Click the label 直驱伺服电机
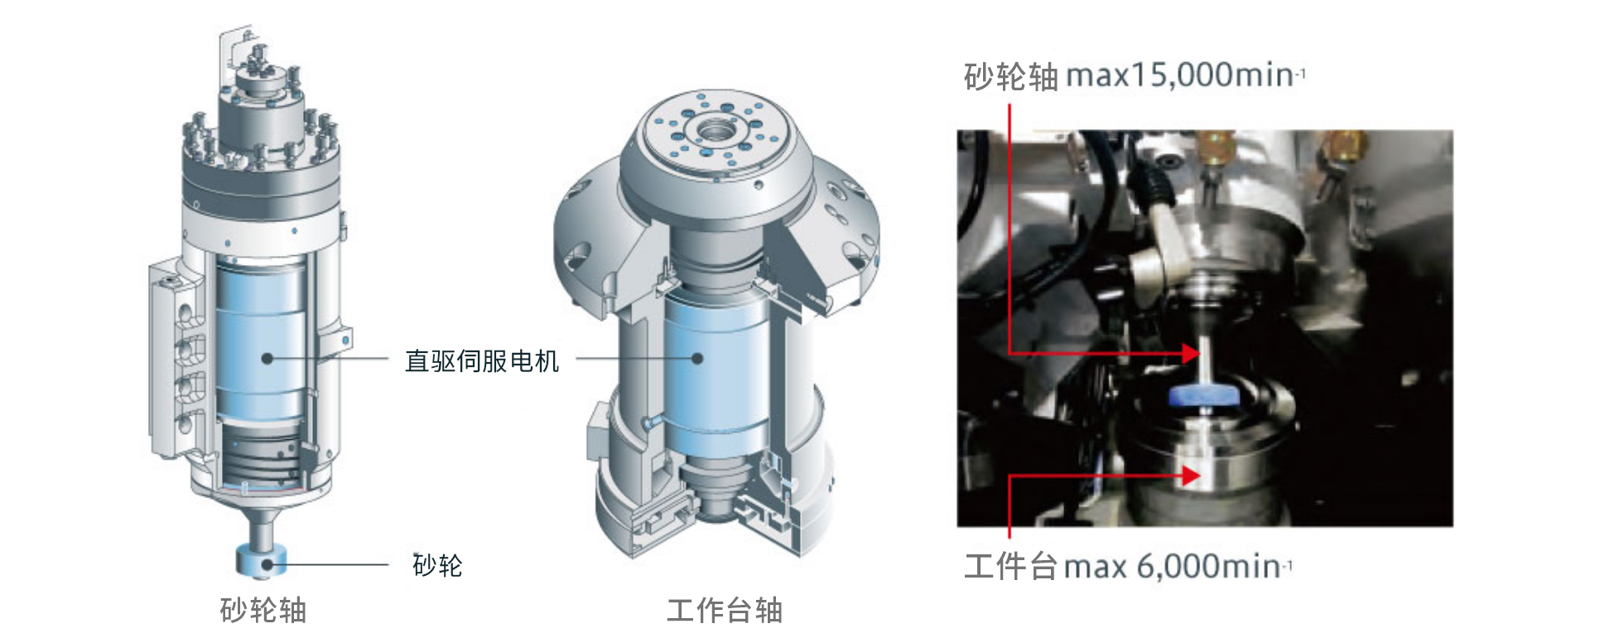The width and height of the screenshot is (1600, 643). click(x=482, y=361)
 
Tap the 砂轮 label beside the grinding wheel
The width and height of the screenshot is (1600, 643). click(x=437, y=565)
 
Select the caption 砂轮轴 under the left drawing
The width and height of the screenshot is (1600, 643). click(x=263, y=611)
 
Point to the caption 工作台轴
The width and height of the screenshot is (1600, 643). click(x=725, y=611)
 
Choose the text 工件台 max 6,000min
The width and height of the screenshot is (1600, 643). click(x=1128, y=567)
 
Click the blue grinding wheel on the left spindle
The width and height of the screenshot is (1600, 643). click(x=261, y=561)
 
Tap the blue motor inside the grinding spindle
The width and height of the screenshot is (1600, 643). click(x=261, y=340)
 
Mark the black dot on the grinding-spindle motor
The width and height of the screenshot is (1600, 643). click(x=267, y=359)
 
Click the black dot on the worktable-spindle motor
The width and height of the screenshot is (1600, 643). click(x=697, y=359)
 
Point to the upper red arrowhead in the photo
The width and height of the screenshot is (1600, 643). click(x=1190, y=354)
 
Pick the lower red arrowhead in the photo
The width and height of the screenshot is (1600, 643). click(x=1190, y=476)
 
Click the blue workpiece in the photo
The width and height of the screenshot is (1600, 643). click(x=1202, y=396)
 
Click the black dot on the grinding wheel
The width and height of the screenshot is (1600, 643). click(x=267, y=565)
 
